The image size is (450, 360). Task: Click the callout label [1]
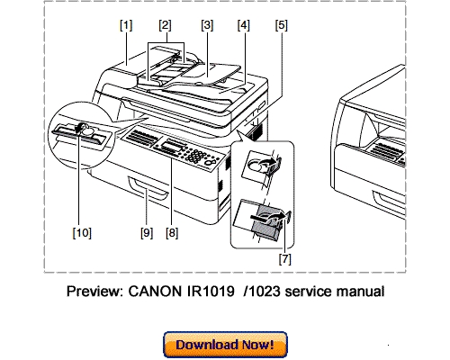tap(125, 24)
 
